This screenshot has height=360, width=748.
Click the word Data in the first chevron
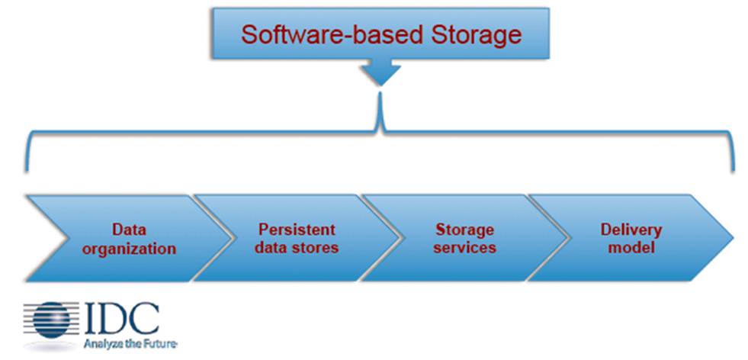pyautogui.click(x=129, y=229)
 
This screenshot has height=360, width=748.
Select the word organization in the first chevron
pyautogui.click(x=129, y=248)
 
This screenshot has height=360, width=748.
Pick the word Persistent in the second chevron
pyautogui.click(x=297, y=229)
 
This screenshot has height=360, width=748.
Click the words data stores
pyautogui.click(x=297, y=248)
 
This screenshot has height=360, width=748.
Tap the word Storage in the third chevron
pyautogui.click(x=464, y=229)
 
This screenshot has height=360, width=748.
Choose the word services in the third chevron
pyautogui.click(x=464, y=248)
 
